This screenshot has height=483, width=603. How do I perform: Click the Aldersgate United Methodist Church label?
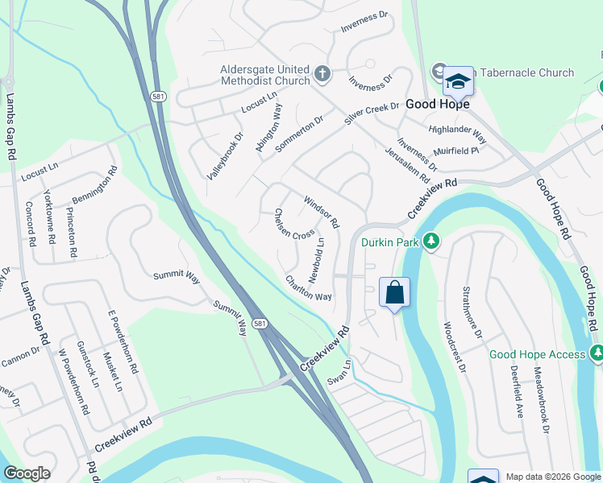265,75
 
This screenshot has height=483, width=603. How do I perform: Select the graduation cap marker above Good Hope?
458,82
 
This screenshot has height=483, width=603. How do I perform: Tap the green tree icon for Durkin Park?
432,241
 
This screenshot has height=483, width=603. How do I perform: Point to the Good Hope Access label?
538,354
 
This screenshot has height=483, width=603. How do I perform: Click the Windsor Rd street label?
321,211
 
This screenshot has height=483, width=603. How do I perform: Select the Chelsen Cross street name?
294,225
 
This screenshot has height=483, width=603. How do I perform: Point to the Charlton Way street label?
308,288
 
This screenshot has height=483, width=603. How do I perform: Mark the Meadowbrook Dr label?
539,402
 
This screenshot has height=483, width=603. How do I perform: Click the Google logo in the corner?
27,473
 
